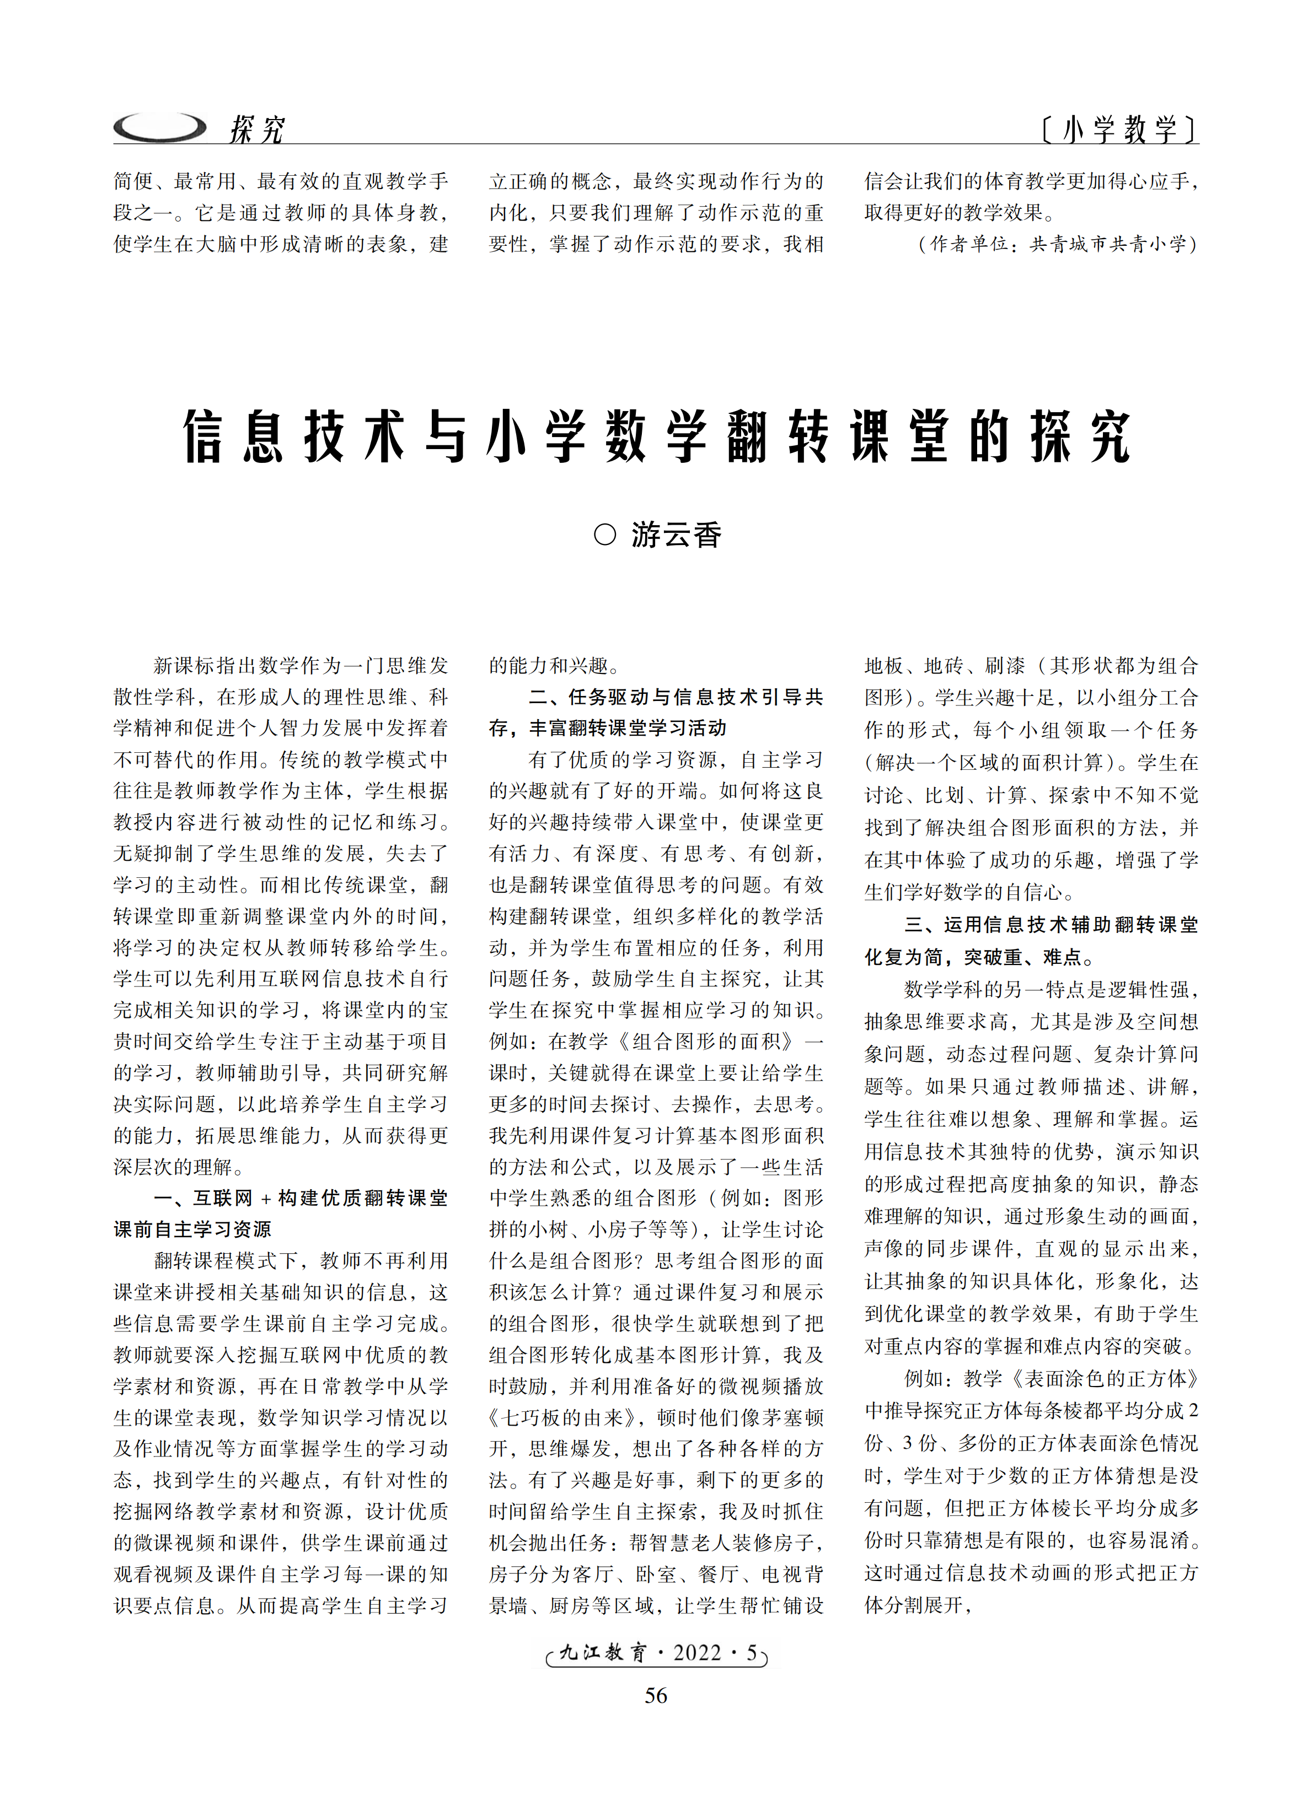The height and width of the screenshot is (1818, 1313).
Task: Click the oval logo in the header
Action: coord(159,127)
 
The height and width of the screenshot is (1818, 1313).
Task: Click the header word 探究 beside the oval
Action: coord(256,129)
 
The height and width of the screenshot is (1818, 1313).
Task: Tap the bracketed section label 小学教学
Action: coord(1119,129)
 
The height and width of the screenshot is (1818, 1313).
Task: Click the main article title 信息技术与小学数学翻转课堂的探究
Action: coord(656,437)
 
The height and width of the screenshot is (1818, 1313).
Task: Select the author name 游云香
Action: coord(676,535)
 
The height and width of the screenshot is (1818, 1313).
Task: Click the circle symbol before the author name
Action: coord(605,535)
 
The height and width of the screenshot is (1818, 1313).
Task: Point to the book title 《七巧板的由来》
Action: coord(566,1417)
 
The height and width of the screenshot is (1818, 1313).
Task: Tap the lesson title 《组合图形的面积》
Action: coord(706,1042)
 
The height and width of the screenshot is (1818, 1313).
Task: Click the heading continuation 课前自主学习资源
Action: coord(192,1229)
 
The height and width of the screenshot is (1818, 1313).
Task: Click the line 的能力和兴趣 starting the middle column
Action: coord(554,665)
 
